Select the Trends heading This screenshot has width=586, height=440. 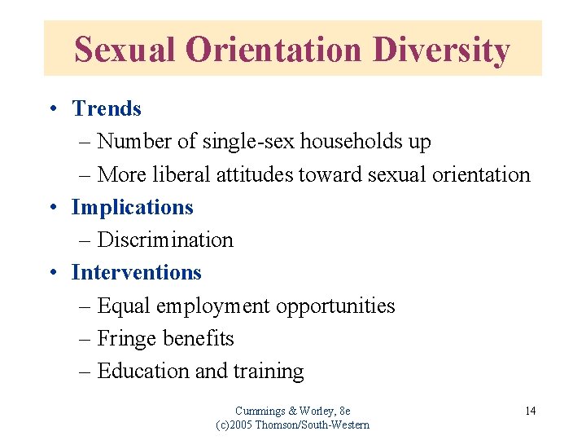(107, 108)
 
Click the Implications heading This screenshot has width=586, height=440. (133, 207)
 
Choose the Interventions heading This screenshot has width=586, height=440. (136, 272)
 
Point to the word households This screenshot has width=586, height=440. (352, 142)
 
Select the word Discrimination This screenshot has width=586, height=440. (165, 240)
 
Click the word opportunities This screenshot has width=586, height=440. (335, 306)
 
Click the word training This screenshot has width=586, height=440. (268, 372)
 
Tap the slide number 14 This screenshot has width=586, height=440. (530, 411)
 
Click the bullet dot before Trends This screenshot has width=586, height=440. (51, 109)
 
